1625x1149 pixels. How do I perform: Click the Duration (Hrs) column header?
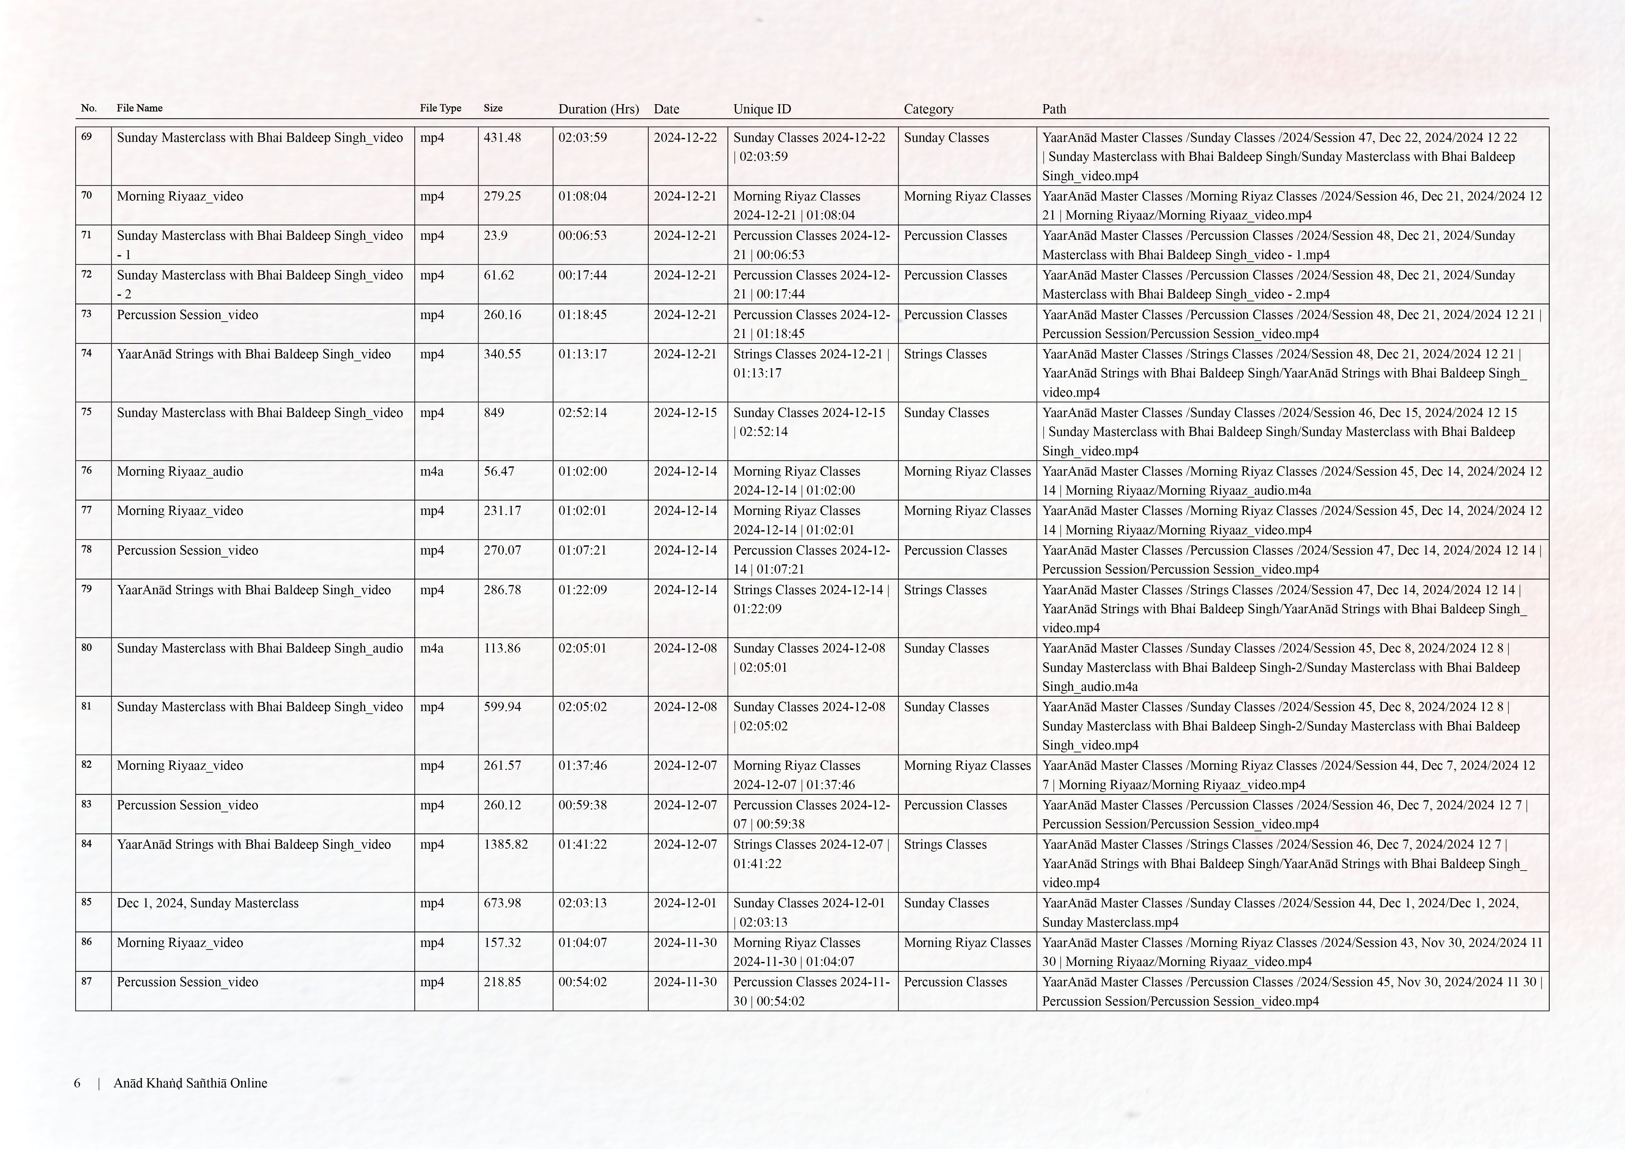click(598, 109)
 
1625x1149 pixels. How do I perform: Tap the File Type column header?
click(440, 108)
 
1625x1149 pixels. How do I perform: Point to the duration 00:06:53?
click(582, 235)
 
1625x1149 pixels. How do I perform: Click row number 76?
click(86, 470)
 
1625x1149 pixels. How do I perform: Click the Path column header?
click(1054, 109)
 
